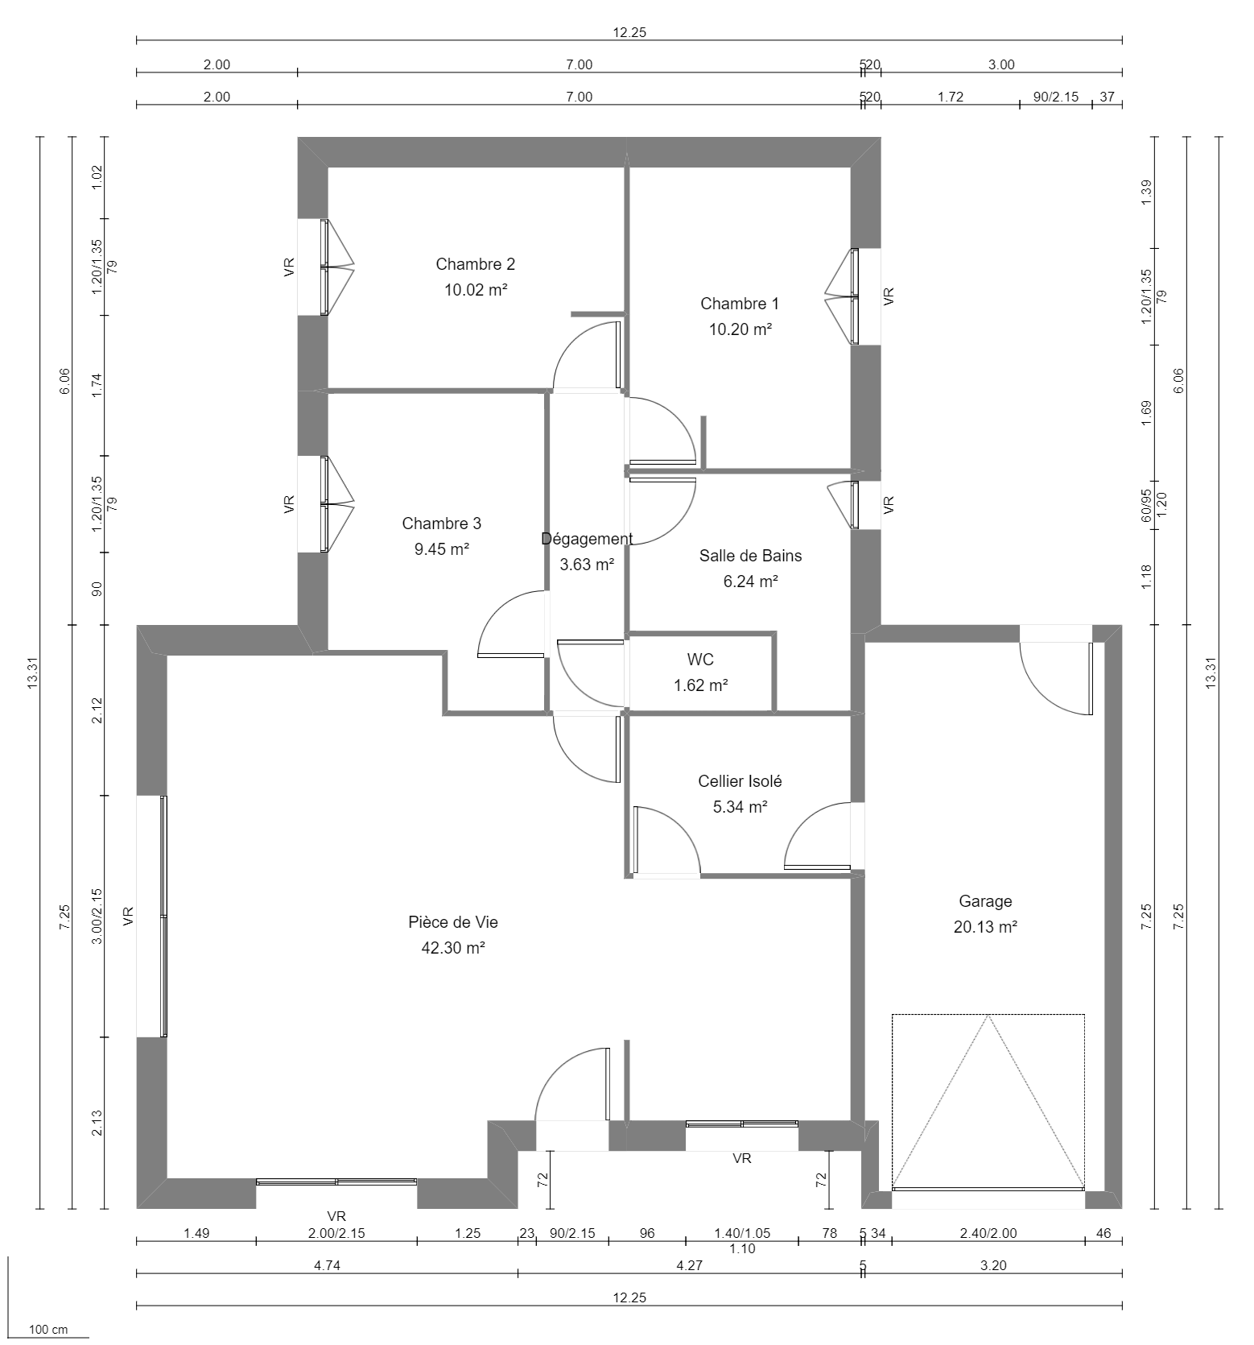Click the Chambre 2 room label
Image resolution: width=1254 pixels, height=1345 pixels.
(x=475, y=264)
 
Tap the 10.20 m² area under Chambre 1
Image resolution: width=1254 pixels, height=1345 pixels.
(x=740, y=329)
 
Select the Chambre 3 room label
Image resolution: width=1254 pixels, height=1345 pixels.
(x=441, y=524)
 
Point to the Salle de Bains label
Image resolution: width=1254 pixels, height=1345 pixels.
(x=750, y=556)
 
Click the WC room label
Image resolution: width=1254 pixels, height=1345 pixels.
(x=699, y=660)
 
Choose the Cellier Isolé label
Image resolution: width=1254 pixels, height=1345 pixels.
(x=739, y=781)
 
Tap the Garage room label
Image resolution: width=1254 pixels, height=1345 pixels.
(x=985, y=901)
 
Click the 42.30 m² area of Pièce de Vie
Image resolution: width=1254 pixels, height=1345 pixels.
(x=452, y=948)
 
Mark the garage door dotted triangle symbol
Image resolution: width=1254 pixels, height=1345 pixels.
(x=988, y=1103)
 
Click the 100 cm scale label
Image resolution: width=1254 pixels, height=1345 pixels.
(x=48, y=1330)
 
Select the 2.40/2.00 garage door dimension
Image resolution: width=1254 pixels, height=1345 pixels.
(x=988, y=1233)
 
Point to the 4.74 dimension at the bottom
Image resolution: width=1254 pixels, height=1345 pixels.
(x=327, y=1265)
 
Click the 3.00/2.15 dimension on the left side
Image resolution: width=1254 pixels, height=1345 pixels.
(x=97, y=916)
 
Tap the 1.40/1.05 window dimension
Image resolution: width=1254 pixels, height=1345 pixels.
(x=741, y=1233)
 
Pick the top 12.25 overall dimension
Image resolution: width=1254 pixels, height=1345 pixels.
(x=629, y=33)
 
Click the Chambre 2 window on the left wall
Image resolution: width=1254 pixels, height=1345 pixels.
(x=324, y=267)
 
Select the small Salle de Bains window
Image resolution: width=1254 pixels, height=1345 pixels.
(x=854, y=505)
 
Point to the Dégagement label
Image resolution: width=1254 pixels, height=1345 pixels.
(x=587, y=539)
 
